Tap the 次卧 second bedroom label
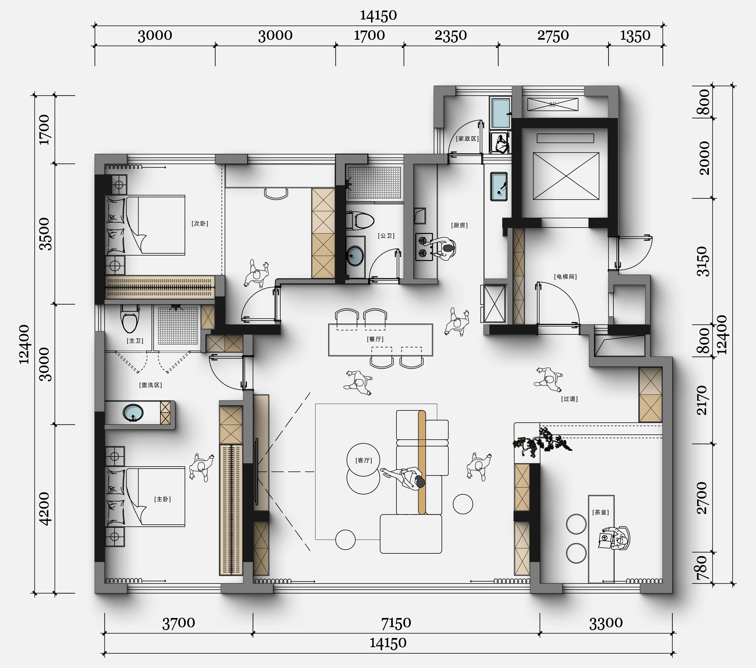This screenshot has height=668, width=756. [200, 223]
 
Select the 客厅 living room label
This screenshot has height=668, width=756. [364, 460]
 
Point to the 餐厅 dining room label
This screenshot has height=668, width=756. [375, 339]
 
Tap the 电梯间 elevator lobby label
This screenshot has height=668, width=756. [565, 276]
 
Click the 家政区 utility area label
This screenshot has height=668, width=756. [467, 138]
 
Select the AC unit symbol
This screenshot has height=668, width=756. [553, 104]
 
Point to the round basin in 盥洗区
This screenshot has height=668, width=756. [133, 413]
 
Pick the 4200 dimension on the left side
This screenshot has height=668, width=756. [44, 509]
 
